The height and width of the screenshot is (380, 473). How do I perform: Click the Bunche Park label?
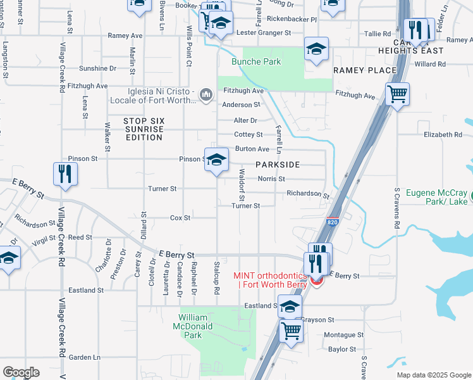(255, 62)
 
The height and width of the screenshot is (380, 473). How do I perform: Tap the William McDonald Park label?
(202, 326)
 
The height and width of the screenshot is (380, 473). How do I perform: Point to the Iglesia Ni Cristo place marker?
(206, 95)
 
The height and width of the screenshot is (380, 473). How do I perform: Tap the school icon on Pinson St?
(216, 160)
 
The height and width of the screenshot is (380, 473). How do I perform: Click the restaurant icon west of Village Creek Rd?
(65, 174)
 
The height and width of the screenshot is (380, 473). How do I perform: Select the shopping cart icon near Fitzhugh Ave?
(397, 95)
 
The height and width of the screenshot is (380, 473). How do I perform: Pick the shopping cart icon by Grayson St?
(291, 330)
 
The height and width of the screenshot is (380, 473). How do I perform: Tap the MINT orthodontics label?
(270, 279)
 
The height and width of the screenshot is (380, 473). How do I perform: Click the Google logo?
(21, 372)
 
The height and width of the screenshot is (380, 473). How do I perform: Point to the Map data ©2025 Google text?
(433, 375)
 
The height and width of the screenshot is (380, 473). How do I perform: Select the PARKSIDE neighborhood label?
(278, 164)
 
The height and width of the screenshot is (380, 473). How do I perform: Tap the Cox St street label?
(180, 218)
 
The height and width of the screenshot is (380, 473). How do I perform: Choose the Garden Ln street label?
(85, 357)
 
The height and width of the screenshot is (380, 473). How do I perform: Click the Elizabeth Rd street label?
(443, 135)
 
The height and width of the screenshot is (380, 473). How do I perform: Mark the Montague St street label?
(343, 334)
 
